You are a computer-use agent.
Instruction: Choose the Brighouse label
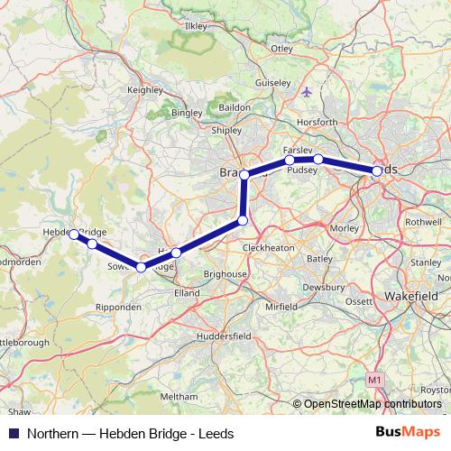point(226,273)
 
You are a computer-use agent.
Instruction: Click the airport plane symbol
point(308,91)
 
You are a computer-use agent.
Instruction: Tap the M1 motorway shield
point(375,382)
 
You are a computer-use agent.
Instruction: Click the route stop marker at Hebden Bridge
point(75,234)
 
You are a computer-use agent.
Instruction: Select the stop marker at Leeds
point(377,170)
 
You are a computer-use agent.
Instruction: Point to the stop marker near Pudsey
point(318,160)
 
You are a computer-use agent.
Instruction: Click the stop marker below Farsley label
point(290,161)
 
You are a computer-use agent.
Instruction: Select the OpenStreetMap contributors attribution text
point(373,405)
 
